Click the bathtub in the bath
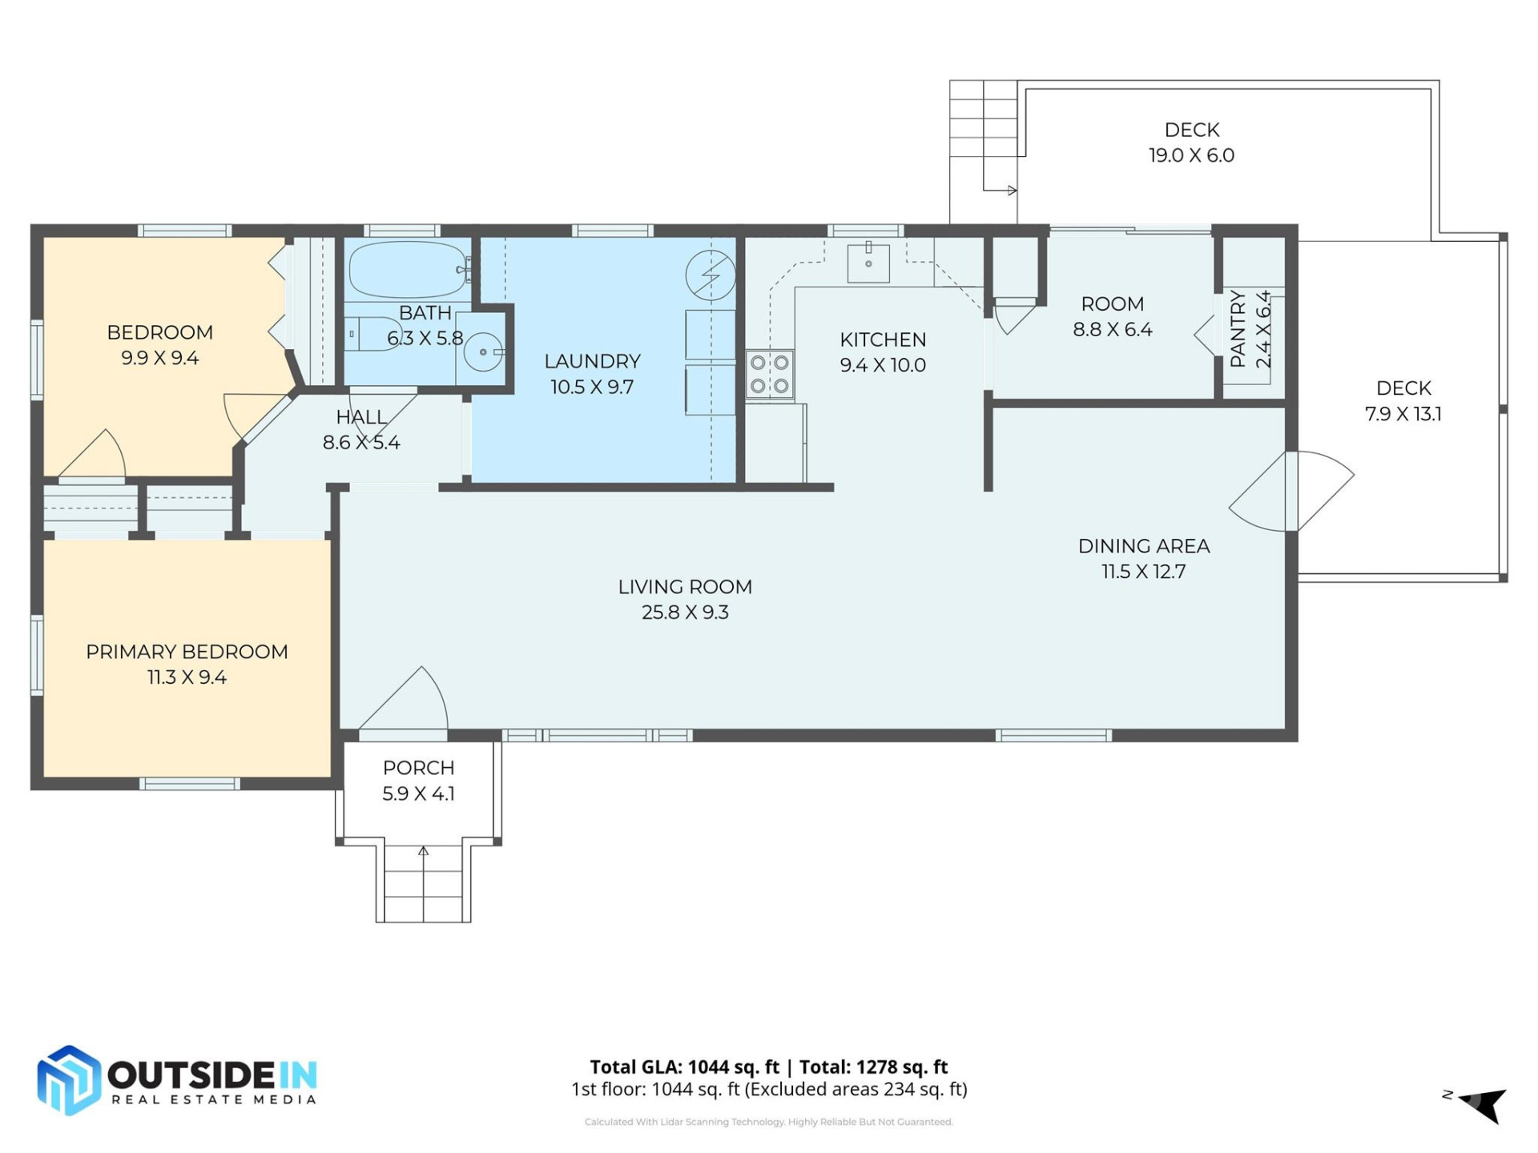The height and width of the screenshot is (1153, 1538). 407,270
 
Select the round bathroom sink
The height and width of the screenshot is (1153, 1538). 483,352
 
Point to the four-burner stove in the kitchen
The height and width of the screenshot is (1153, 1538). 770,374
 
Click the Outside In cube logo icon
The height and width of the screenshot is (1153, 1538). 69,1080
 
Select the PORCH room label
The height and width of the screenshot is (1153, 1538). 418,768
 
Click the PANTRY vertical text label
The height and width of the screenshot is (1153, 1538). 1238,329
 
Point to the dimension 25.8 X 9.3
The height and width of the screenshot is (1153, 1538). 685,613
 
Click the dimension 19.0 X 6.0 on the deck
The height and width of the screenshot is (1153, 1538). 1191,155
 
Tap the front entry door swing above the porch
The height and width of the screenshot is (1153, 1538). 404,701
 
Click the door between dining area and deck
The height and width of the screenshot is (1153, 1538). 1291,491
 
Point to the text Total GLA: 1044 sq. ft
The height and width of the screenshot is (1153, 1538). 684,1067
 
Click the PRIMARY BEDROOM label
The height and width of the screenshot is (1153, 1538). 187,652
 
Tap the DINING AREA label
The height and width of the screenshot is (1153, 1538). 1143,546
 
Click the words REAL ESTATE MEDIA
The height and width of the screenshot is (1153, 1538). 213,1099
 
